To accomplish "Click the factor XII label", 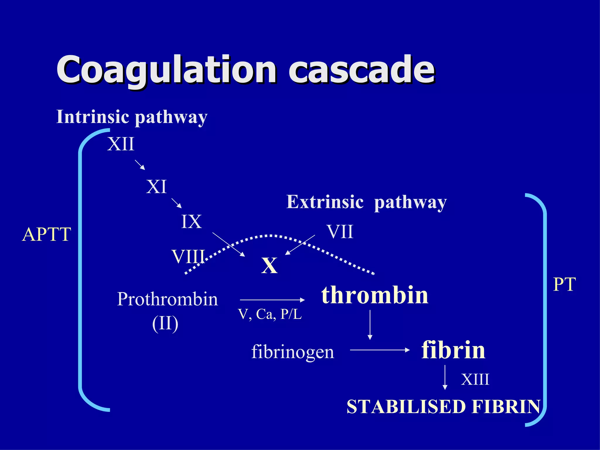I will point(121,144).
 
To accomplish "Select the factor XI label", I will point(156,187).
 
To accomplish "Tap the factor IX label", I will point(191,222).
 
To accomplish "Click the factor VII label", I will point(340,232).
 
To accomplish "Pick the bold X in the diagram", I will point(269,266).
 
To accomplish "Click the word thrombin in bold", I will point(375,295).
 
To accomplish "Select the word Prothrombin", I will point(167,299).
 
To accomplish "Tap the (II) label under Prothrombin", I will point(165,323).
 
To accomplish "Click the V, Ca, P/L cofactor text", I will point(270,314).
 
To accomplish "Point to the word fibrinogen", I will point(292,352).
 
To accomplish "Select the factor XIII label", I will point(475,379).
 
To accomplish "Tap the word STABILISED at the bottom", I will point(406,407).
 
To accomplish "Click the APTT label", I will point(47,234).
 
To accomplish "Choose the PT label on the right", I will point(564,284).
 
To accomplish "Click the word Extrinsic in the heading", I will point(325,202).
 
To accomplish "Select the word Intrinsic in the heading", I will point(93,117).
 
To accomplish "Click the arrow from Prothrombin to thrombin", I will point(272,300).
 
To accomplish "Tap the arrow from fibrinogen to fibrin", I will point(380,350).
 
